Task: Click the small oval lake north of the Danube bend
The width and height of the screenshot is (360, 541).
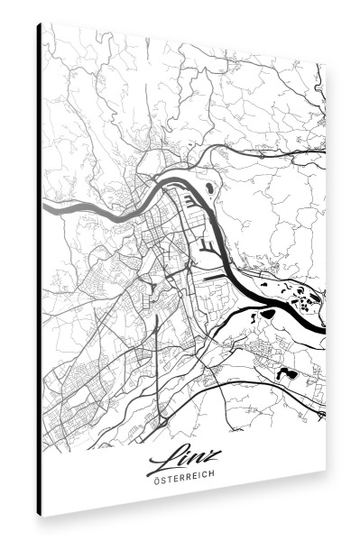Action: pyautogui.click(x=209, y=188)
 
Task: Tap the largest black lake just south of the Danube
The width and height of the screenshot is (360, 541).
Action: pyautogui.click(x=267, y=314)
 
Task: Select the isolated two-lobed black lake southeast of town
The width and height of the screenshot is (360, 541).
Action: pyautogui.click(x=286, y=371)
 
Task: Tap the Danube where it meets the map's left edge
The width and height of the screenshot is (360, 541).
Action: pyautogui.click(x=45, y=208)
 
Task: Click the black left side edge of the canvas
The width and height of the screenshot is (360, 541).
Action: pyautogui.click(x=39, y=270)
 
